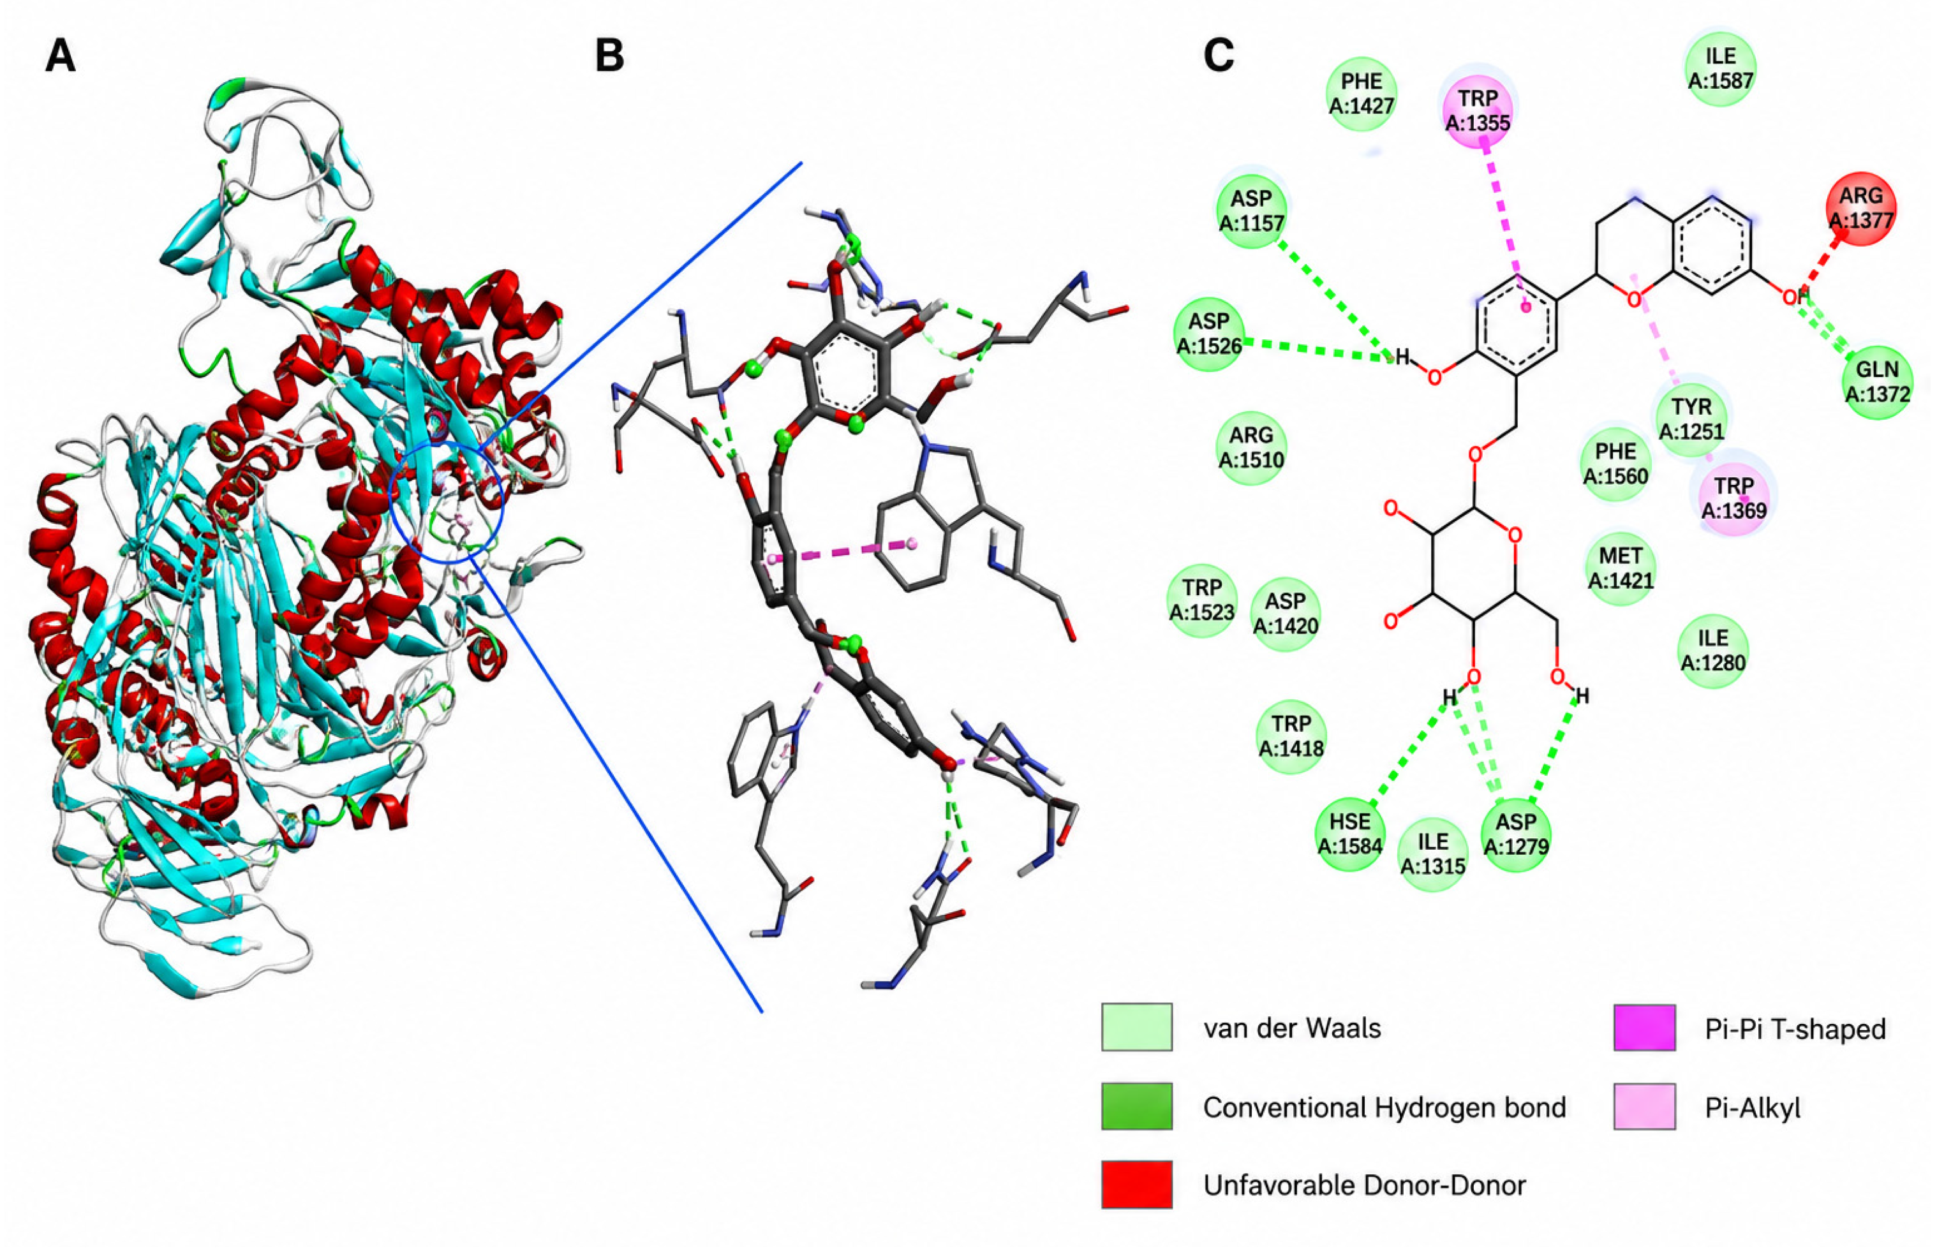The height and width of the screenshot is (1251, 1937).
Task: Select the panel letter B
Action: (x=609, y=56)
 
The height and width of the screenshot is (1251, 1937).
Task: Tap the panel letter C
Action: (x=1219, y=56)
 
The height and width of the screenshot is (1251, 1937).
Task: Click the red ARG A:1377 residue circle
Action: (x=1860, y=207)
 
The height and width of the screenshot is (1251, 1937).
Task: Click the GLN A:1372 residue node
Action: (x=1878, y=381)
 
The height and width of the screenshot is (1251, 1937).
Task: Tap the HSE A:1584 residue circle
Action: (x=1349, y=833)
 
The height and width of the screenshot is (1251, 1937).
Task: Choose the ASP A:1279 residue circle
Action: (x=1516, y=833)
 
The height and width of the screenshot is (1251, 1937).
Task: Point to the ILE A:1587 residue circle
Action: (x=1721, y=68)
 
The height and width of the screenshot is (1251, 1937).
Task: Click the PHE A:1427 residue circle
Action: (x=1362, y=93)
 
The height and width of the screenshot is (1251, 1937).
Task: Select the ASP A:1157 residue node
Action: (x=1251, y=210)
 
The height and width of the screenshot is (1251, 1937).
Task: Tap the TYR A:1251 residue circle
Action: (x=1691, y=419)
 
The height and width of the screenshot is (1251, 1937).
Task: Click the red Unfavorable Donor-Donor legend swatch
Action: (x=1137, y=1185)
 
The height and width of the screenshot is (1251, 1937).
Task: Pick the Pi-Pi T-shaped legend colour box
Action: (x=1645, y=1028)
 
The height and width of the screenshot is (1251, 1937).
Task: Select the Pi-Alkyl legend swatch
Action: (x=1645, y=1106)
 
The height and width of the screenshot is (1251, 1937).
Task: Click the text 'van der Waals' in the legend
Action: (x=1292, y=1028)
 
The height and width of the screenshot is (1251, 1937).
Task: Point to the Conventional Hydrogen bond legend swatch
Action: (x=1137, y=1106)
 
